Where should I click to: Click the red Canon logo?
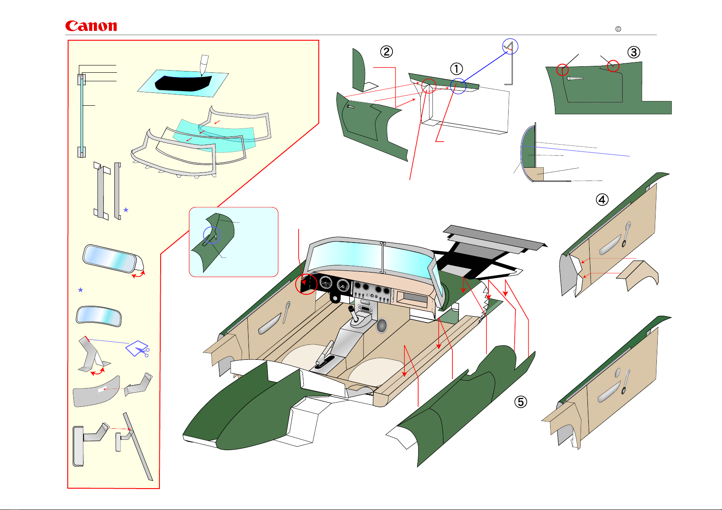[x=91, y=26]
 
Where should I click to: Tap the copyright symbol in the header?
[x=618, y=29]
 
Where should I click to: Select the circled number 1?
[x=456, y=68]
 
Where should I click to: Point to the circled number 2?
[x=386, y=51]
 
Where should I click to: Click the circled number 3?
[x=634, y=52]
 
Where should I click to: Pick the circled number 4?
[x=602, y=199]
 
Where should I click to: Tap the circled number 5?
[x=521, y=402]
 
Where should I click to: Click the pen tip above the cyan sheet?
[x=204, y=65]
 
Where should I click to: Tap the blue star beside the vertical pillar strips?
[x=126, y=210]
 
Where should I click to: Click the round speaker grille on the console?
[x=382, y=325]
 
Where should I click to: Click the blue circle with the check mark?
[x=510, y=46]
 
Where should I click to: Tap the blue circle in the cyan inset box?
[x=212, y=235]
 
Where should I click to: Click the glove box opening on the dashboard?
[x=413, y=298]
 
